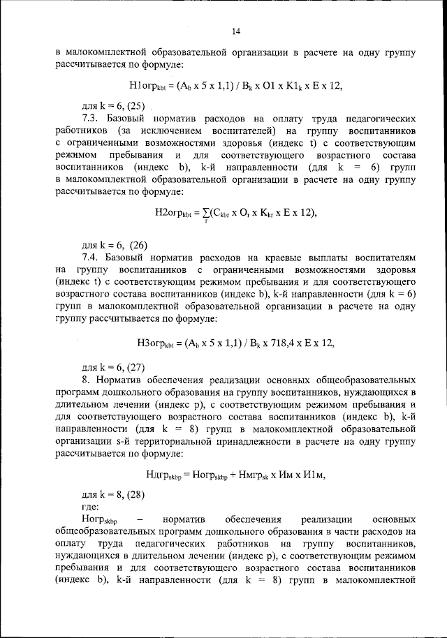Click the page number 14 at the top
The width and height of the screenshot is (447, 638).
(235, 31)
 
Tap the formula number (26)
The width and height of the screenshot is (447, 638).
(136, 244)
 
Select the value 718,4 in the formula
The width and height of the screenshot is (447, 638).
(265, 342)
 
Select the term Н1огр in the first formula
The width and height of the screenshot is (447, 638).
(147, 86)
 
